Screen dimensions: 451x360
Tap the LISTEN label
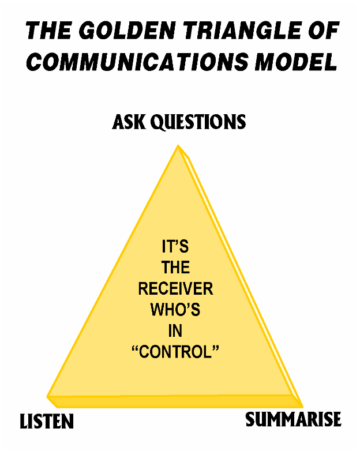tap(47, 422)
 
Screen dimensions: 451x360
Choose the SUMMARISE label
tap(293, 419)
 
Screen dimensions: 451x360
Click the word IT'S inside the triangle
tap(175, 248)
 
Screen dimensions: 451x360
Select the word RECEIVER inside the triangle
tap(175, 289)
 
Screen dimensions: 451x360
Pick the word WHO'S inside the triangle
tap(175, 310)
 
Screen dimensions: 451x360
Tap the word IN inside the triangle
tap(175, 330)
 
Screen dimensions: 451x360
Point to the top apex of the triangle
tap(178, 147)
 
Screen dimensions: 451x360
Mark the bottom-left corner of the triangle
tap(48, 397)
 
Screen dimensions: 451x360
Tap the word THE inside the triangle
tap(175, 269)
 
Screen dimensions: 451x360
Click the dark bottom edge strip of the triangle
tap(173, 401)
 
